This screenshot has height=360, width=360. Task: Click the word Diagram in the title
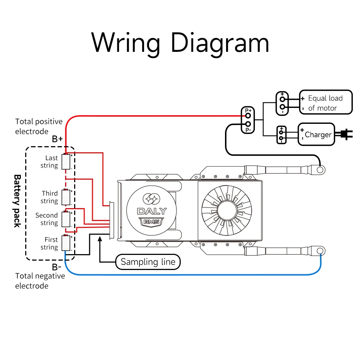point(220,43)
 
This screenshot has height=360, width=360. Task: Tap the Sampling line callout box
point(148,262)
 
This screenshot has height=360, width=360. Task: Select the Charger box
point(316,134)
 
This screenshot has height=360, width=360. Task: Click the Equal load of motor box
point(325,103)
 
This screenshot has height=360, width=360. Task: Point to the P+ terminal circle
point(248,116)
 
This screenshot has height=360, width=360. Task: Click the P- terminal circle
point(248,124)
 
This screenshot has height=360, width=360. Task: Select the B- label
point(57,267)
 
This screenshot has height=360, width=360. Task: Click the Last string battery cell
point(66,162)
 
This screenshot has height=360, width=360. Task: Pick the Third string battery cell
point(66,197)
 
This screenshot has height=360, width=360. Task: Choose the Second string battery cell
point(66,219)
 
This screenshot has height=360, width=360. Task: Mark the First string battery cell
point(66,243)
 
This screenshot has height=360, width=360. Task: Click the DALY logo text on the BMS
point(152,211)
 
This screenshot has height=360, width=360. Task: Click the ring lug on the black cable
point(320,168)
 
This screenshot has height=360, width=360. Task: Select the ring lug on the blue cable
point(320,250)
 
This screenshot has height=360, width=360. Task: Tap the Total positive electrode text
point(39,126)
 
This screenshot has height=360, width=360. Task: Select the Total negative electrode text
point(40,281)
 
